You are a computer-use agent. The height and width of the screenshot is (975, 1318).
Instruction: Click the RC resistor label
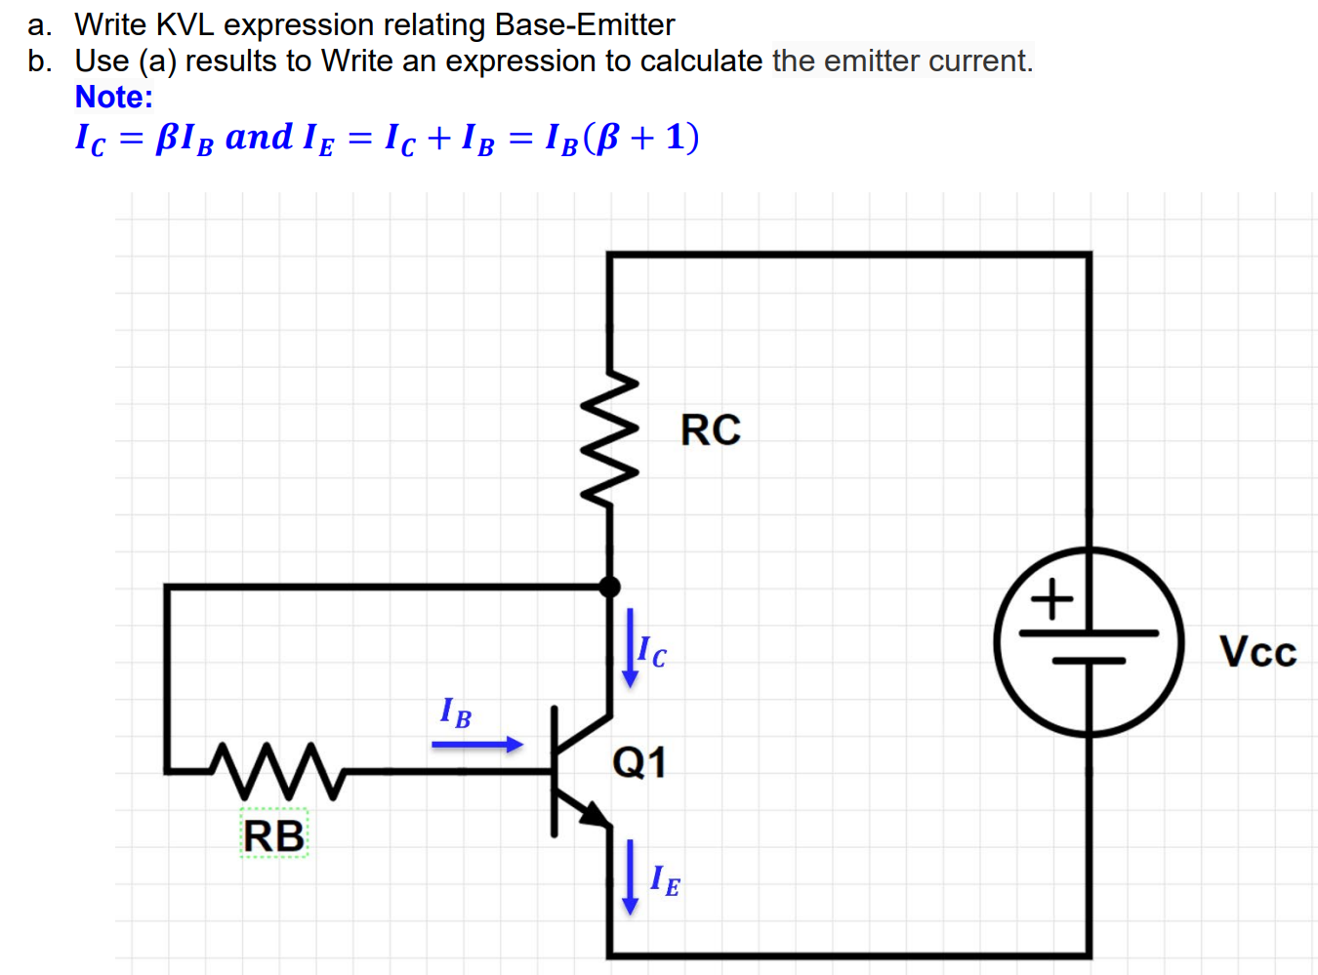pyautogui.click(x=710, y=430)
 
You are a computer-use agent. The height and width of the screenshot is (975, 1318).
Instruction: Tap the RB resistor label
pyautogui.click(x=273, y=836)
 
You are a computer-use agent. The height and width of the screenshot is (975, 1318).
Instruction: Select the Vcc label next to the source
pyautogui.click(x=1257, y=652)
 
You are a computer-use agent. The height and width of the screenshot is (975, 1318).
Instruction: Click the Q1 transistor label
pyautogui.click(x=639, y=762)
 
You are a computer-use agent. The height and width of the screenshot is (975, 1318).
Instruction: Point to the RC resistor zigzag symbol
pyautogui.click(x=610, y=439)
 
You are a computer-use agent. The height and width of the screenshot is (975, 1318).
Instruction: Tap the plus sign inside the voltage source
pyautogui.click(x=1052, y=598)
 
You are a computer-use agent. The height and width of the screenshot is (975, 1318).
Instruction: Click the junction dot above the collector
pyautogui.click(x=609, y=587)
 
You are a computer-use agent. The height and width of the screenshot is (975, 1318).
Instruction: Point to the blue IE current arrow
pyautogui.click(x=630, y=876)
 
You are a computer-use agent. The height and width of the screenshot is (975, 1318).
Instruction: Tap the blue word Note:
pyautogui.click(x=114, y=98)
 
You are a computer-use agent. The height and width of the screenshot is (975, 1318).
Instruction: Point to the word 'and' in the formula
pyautogui.click(x=259, y=137)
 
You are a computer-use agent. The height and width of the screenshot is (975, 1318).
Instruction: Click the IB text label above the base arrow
pyautogui.click(x=456, y=711)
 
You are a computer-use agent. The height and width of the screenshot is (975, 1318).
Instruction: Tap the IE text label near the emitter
pyautogui.click(x=666, y=880)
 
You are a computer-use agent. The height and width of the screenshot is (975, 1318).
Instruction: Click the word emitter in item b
pyautogui.click(x=872, y=61)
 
